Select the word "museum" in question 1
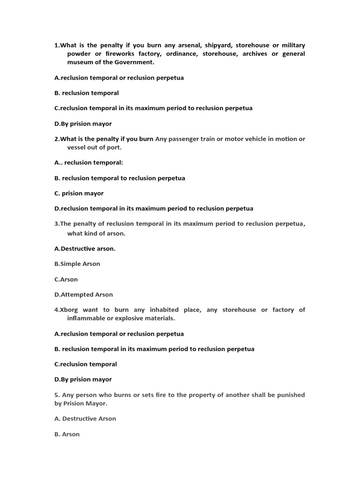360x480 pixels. tap(80, 62)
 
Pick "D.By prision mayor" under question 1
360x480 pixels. tap(83, 124)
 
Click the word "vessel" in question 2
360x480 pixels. tap(77, 147)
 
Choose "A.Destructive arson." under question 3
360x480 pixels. tap(85, 248)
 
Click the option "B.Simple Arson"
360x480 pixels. tap(77, 264)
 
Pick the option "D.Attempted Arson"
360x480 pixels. tap(83, 294)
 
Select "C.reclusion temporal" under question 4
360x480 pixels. tap(86, 364)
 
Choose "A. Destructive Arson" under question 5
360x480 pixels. tap(85, 419)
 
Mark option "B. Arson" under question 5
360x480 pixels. tap(67, 434)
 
